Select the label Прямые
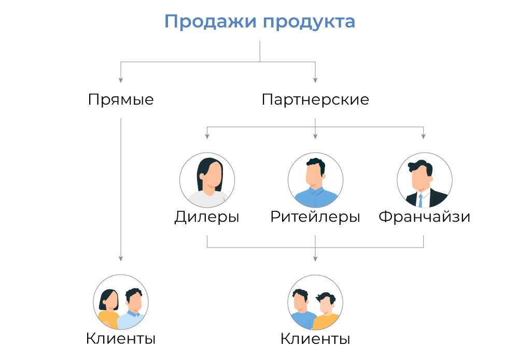pos(121,99)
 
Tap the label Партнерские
pos(315,99)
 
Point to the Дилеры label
pos(207,217)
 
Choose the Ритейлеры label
pos(315,217)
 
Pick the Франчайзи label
pos(424,217)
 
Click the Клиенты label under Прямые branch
pos(121,339)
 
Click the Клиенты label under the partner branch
pos(315,339)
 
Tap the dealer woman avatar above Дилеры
pos(207,180)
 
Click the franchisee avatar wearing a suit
pos(424,180)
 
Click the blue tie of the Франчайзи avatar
pos(420,200)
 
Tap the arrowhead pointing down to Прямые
pos(121,80)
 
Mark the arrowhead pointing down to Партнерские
pos(315,80)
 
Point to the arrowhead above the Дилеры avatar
pos(207,137)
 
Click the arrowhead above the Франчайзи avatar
pos(424,137)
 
